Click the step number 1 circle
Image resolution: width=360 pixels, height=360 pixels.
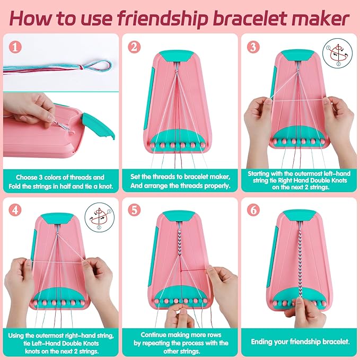tap(15, 47)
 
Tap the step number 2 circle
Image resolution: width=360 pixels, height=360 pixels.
tap(134, 47)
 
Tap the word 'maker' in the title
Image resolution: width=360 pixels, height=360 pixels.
tap(318, 18)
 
